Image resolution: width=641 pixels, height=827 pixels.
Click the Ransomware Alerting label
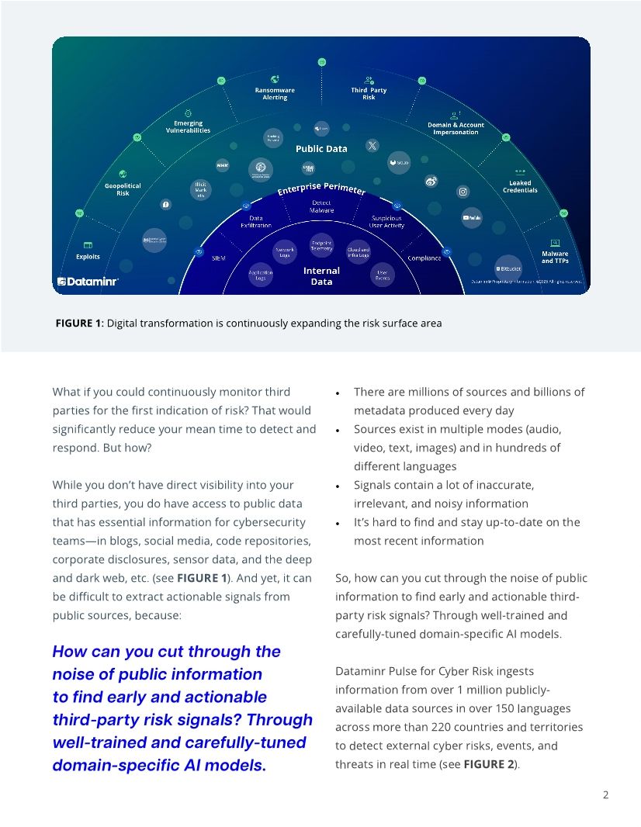coord(275,94)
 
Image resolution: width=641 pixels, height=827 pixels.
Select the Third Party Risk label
coord(369,94)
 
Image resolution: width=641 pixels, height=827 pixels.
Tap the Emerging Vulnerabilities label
coord(188,126)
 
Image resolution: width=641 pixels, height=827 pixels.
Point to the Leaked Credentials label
coord(520,186)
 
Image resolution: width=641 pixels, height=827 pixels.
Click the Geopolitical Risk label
coord(123,189)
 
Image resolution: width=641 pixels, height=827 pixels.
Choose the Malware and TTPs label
coord(555,257)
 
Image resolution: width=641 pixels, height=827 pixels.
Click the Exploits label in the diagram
coord(88,257)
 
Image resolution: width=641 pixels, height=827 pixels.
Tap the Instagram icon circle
coord(463,192)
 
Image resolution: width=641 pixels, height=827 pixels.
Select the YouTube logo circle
coord(473,219)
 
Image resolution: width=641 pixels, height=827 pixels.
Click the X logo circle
coord(372,145)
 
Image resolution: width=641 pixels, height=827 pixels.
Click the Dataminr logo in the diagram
coord(88,282)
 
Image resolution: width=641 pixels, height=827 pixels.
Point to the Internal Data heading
coord(321,276)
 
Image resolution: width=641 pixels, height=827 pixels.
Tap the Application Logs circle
coord(261,275)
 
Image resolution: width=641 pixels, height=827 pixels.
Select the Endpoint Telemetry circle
coord(321,244)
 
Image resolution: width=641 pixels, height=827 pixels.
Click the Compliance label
coord(424,258)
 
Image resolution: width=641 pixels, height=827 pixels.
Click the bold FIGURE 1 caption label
coord(79,323)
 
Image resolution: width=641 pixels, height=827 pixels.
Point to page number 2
coord(605,795)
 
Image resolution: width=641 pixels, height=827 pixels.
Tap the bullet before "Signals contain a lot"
coord(338,486)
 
